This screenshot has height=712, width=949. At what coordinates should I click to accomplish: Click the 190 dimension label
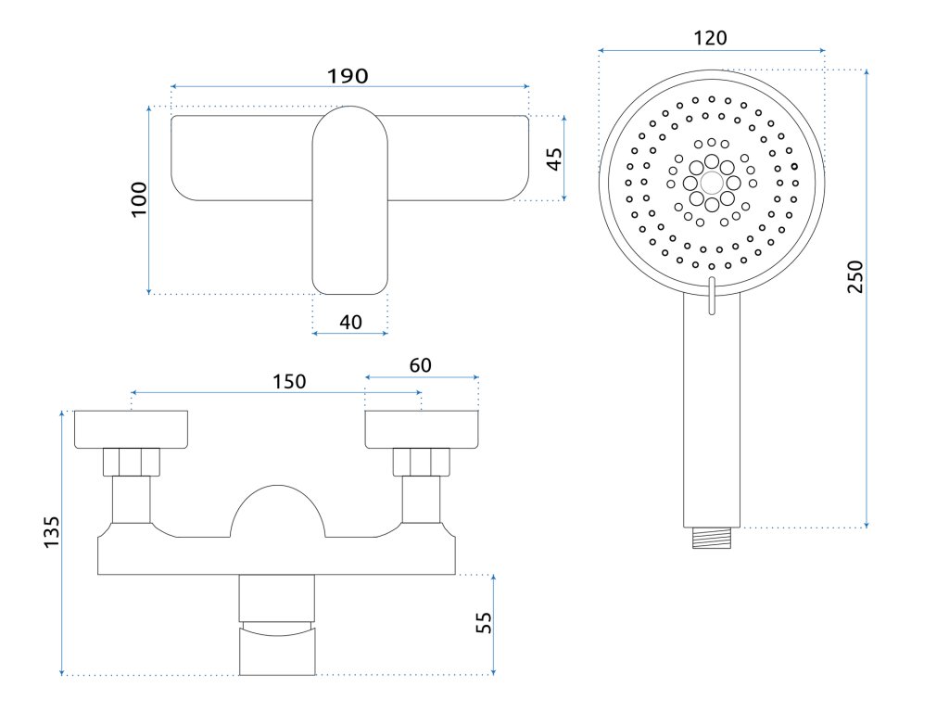tap(348, 75)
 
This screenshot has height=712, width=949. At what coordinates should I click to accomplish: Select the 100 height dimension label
tap(139, 198)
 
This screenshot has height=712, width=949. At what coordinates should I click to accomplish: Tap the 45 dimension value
tap(553, 158)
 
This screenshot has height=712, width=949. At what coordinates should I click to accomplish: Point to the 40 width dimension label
tap(350, 322)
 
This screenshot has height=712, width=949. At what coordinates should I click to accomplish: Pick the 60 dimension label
tap(420, 365)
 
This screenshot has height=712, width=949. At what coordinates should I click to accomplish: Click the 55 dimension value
tap(483, 622)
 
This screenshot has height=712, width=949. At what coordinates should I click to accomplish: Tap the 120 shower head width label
tap(711, 38)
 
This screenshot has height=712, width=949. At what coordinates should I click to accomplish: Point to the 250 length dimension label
tap(855, 277)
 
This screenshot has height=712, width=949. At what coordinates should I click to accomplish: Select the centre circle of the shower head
tap(711, 183)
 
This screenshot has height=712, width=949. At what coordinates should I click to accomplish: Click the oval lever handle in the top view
tap(349, 199)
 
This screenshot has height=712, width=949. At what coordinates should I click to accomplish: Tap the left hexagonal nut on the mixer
tap(132, 461)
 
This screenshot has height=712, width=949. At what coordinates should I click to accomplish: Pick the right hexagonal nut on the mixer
tap(422, 461)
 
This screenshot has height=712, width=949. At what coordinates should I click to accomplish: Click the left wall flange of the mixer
tap(131, 427)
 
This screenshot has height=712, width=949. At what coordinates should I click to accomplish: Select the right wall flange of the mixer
tap(422, 427)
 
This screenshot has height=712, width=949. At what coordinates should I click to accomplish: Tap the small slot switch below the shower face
tap(711, 295)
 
